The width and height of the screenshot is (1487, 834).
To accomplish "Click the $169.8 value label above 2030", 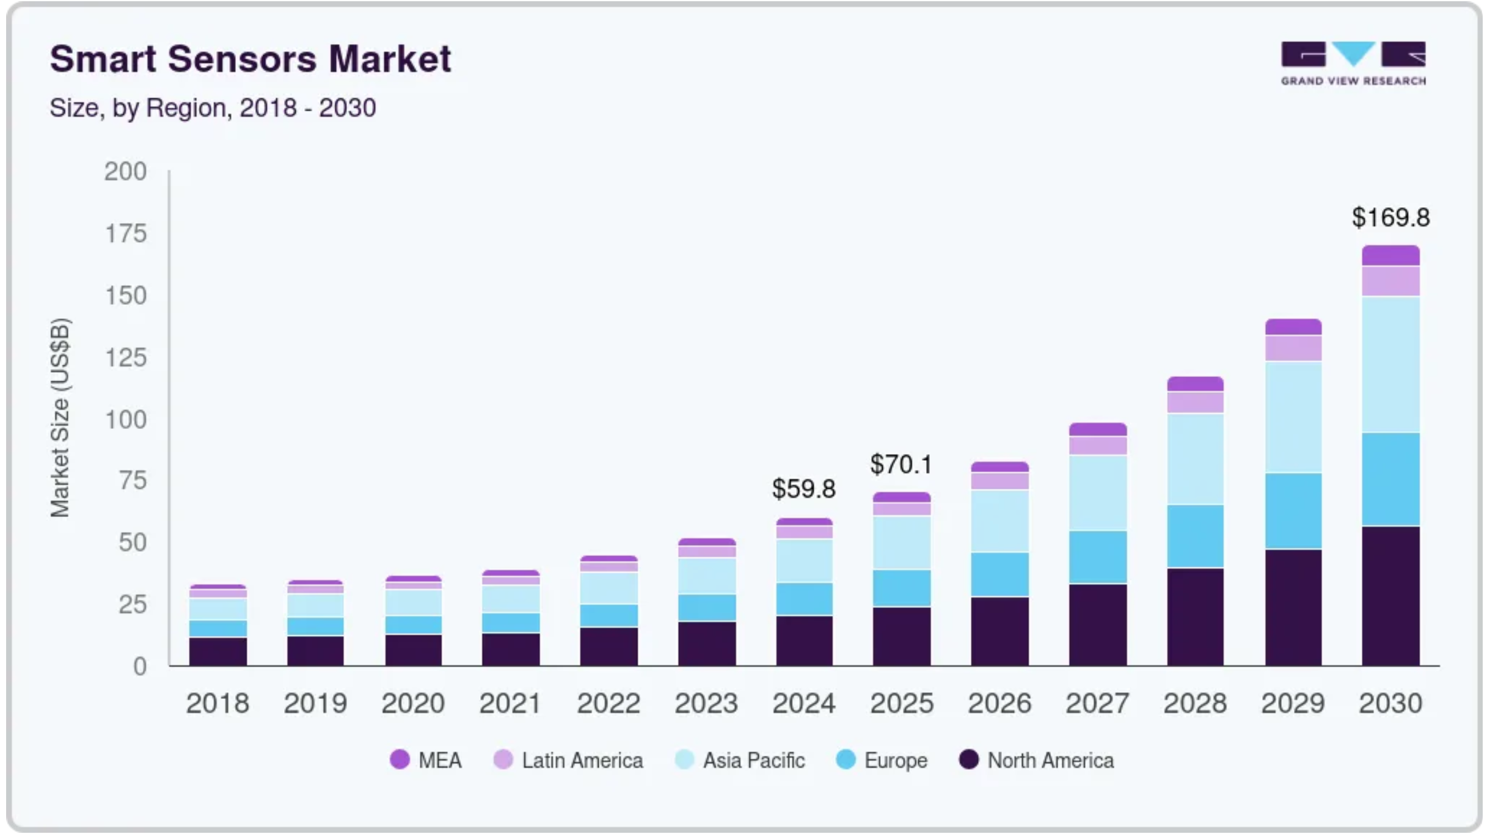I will pos(1390,218).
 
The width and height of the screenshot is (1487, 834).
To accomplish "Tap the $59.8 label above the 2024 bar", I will pos(803,489).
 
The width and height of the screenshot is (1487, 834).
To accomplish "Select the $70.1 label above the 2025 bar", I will pos(901,464).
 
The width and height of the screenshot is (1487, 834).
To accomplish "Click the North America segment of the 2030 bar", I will pos(1390,596).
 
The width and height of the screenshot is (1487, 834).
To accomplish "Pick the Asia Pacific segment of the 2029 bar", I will pos(1293,417).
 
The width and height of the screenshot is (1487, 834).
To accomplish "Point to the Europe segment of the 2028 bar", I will pos(1195,536).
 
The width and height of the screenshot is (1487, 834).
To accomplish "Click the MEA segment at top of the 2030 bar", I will pos(1390,255).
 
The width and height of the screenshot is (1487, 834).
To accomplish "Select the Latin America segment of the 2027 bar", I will pos(1097,445).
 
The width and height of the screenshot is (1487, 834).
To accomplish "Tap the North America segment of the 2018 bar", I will pos(218,651).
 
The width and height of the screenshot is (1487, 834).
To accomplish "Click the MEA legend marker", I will pos(400,759).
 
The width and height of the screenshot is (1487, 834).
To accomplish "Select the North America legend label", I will pos(1050,760).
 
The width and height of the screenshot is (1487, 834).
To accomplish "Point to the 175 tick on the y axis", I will pos(126,233).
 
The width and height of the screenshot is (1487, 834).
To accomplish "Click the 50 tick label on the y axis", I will pos(133,543).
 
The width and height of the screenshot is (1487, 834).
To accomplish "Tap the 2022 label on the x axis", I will pos(608,703).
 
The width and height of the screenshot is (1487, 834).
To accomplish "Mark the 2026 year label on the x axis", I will pos(999,703).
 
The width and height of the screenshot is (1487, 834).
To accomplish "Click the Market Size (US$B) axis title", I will pos(60,418).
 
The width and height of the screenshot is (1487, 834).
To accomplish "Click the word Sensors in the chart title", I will pos(242,59).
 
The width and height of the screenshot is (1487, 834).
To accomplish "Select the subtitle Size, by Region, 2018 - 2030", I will pos(213,108).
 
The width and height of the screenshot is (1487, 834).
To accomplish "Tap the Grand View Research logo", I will pos(1353,63).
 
